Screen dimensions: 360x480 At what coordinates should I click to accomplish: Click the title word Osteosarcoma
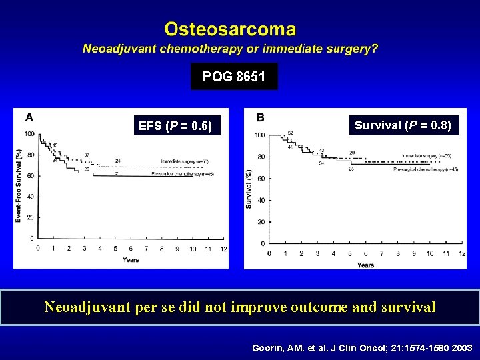pyautogui.click(x=230, y=29)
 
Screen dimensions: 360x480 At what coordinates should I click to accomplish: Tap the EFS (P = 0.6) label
pyautogui.click(x=175, y=126)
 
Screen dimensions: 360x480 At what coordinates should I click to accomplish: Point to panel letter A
pyautogui.click(x=29, y=118)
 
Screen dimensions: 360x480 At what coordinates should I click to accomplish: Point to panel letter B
pyautogui.click(x=260, y=117)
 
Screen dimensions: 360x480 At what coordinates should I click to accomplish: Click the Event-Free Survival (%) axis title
pyautogui.click(x=19, y=185)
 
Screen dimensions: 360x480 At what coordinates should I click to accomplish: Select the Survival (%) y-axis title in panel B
pyautogui.click(x=249, y=188)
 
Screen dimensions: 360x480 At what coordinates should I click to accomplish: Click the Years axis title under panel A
pyautogui.click(x=131, y=259)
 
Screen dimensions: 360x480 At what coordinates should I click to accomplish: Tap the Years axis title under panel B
pyautogui.click(x=365, y=265)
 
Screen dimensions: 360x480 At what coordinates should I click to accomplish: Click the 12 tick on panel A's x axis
pyautogui.click(x=223, y=249)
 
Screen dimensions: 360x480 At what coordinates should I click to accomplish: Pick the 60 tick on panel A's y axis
pyautogui.click(x=30, y=176)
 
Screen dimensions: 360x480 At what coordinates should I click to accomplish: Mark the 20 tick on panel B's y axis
pyautogui.click(x=261, y=222)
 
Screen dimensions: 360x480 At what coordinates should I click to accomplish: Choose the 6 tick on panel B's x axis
pyautogui.click(x=365, y=253)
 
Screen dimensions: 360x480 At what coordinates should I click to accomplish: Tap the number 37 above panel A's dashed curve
pyautogui.click(x=87, y=155)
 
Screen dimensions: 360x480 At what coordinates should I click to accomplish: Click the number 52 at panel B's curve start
pyautogui.click(x=290, y=133)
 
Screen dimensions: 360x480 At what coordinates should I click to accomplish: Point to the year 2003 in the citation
pyautogui.click(x=460, y=348)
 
